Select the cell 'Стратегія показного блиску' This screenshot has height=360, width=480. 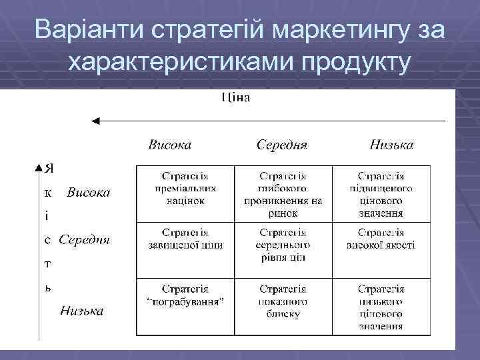pyautogui.click(x=283, y=301)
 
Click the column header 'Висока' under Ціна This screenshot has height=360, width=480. pyautogui.click(x=169, y=145)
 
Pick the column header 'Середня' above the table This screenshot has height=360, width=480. pyautogui.click(x=281, y=145)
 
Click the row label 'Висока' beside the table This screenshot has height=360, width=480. pyautogui.click(x=88, y=193)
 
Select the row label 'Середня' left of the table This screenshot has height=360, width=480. pyautogui.click(x=84, y=239)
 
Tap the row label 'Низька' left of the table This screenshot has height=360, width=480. pyautogui.click(x=82, y=311)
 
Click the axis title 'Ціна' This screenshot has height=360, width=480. pyautogui.click(x=235, y=99)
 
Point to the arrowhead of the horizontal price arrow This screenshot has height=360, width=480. pyautogui.click(x=95, y=121)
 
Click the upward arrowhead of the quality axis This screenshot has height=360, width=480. pyautogui.click(x=38, y=167)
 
